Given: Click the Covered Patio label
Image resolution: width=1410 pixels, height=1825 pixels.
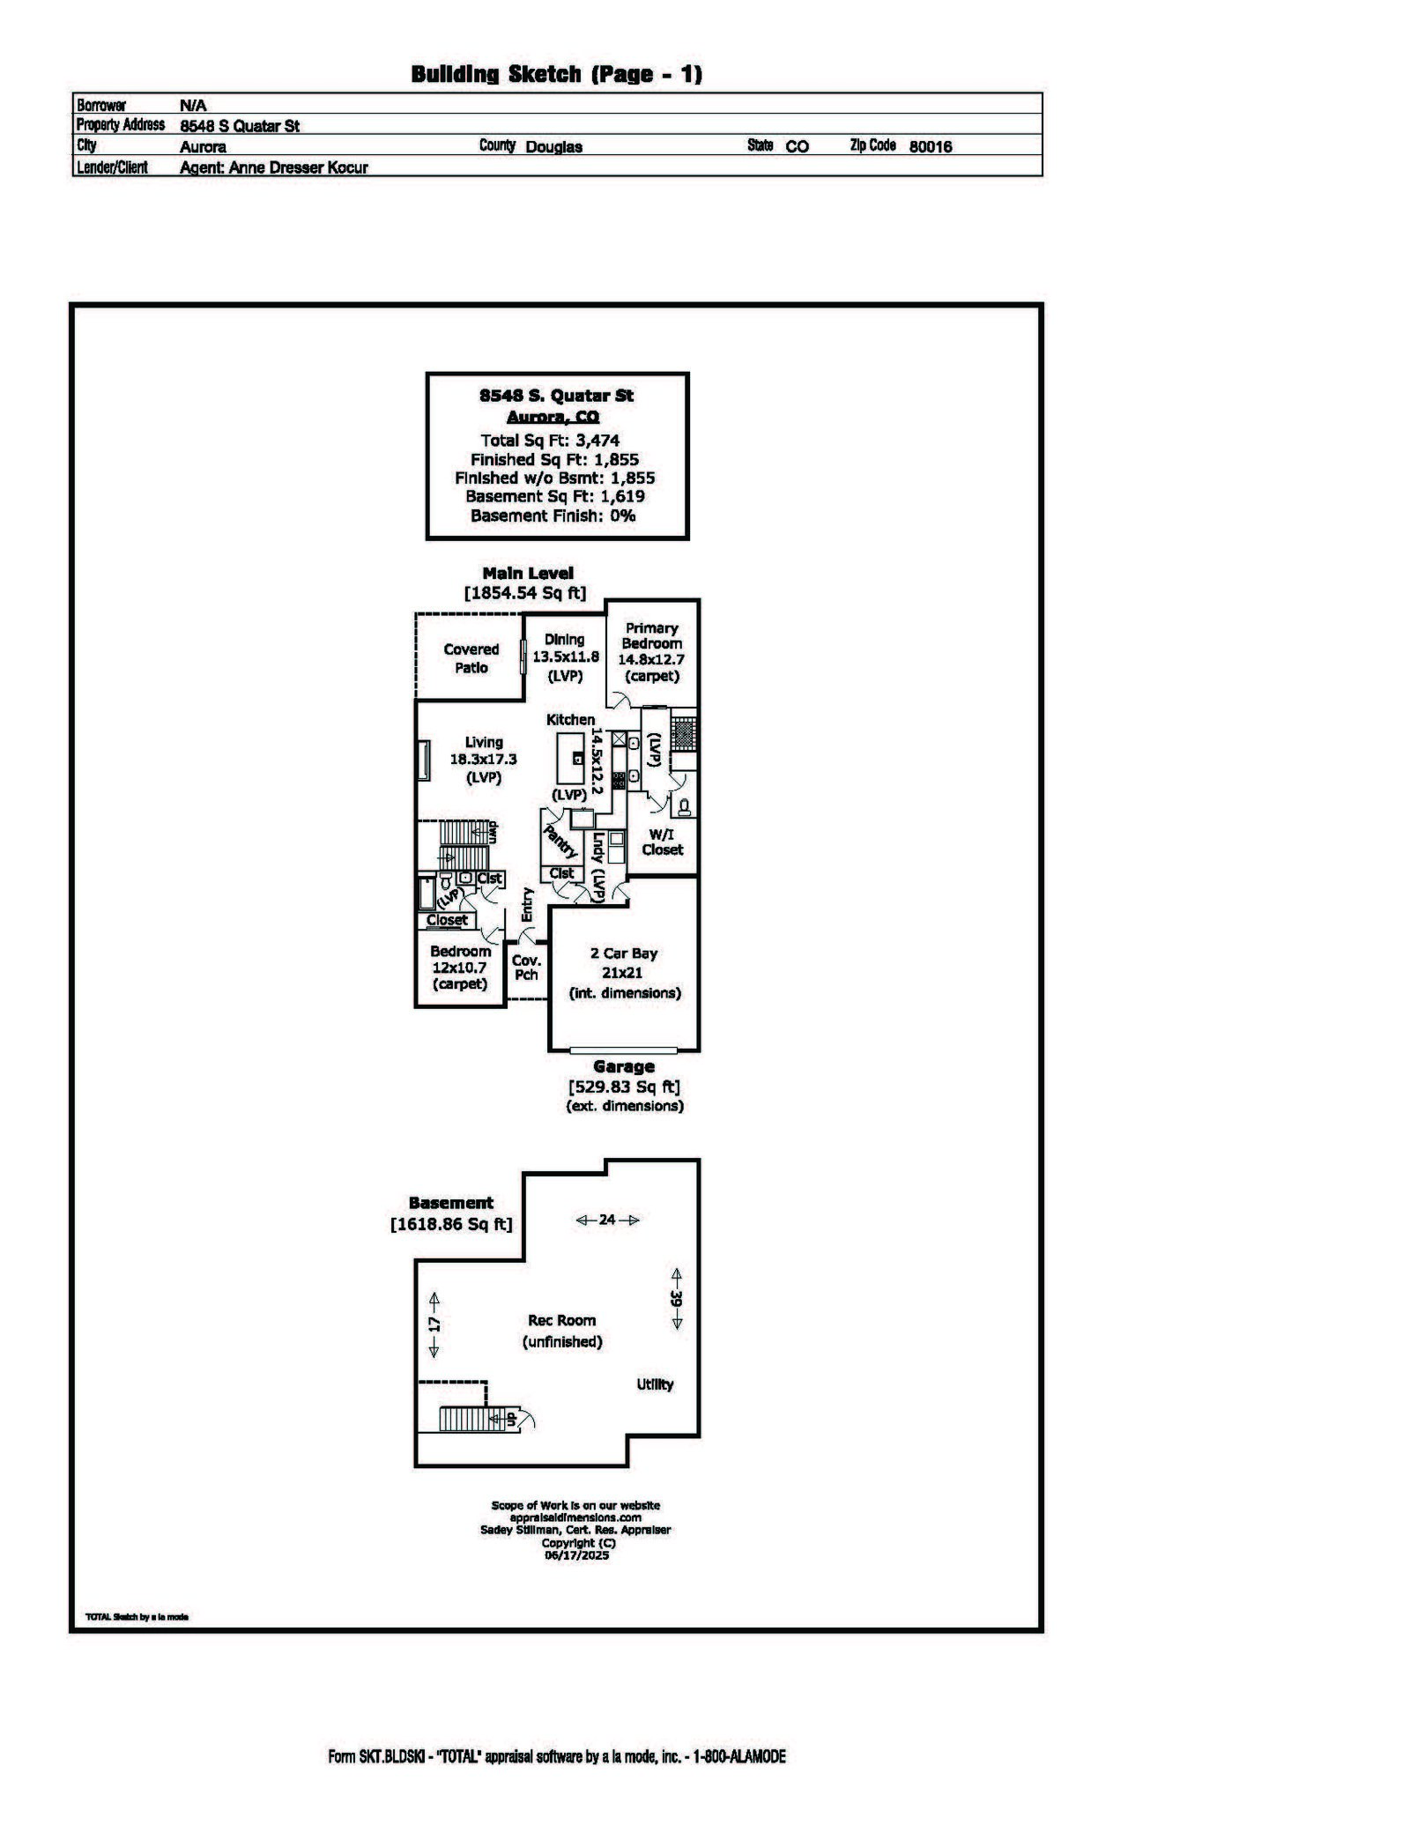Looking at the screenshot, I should point(471,658).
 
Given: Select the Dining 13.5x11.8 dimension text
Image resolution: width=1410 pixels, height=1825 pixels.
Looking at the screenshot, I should point(565,657).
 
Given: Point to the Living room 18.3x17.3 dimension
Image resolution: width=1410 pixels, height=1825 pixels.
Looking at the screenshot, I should point(483,759).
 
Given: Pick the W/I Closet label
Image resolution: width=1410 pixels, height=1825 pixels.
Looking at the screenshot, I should point(662,842).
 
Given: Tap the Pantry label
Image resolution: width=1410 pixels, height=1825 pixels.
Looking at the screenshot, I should point(560,842).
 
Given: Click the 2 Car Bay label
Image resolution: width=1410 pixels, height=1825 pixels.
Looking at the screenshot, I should point(623,953).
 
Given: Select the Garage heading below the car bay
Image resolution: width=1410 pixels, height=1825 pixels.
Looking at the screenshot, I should point(623,1066).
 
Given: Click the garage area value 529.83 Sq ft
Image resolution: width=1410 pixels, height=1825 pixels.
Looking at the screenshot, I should point(624,1087).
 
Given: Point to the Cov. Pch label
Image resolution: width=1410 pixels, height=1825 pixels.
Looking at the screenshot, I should point(526,968).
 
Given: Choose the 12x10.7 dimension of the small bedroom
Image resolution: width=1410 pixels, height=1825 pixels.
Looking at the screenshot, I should point(459,968).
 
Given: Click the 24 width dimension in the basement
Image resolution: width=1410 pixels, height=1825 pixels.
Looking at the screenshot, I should point(607,1220).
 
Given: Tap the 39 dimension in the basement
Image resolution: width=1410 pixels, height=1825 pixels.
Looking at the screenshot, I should point(676,1298).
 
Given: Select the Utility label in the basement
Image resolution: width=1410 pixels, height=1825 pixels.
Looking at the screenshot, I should point(655,1384).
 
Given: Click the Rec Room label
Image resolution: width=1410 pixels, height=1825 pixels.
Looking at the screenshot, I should point(561,1320).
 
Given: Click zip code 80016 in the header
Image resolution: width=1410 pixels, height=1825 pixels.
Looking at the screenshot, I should point(930,146).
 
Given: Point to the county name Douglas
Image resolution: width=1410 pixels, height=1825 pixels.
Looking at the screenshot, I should point(553,146).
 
